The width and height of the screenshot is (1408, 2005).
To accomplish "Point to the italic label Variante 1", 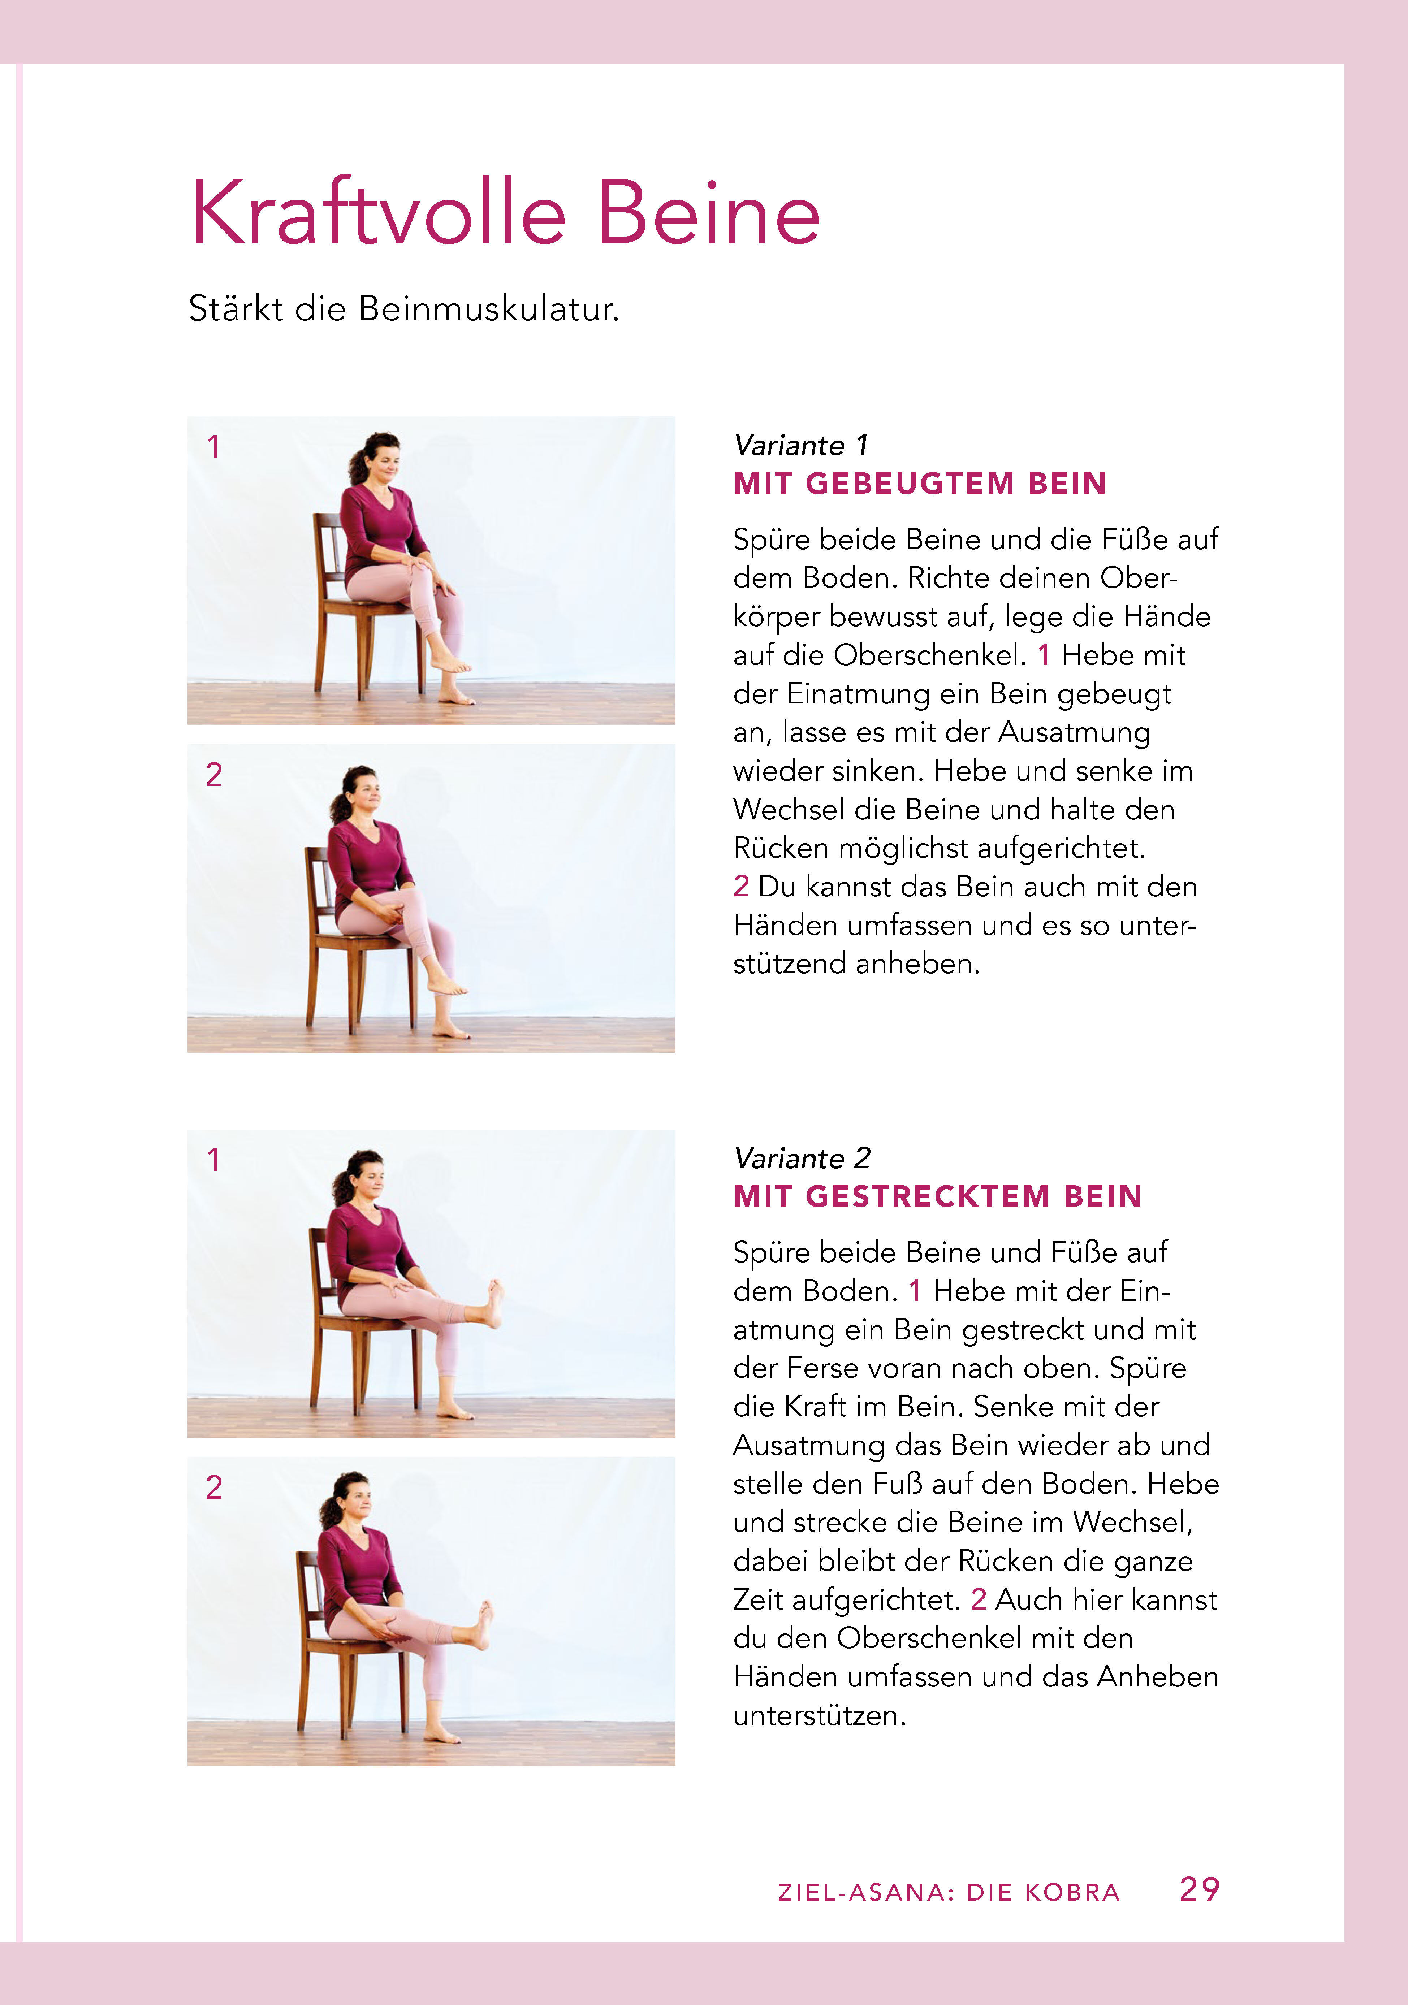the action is [x=801, y=445].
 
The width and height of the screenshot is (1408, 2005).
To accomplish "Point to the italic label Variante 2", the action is [x=802, y=1158].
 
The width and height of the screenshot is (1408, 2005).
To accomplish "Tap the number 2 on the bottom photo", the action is [x=214, y=1487].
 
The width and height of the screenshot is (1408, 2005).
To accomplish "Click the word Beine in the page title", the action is [x=709, y=213].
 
